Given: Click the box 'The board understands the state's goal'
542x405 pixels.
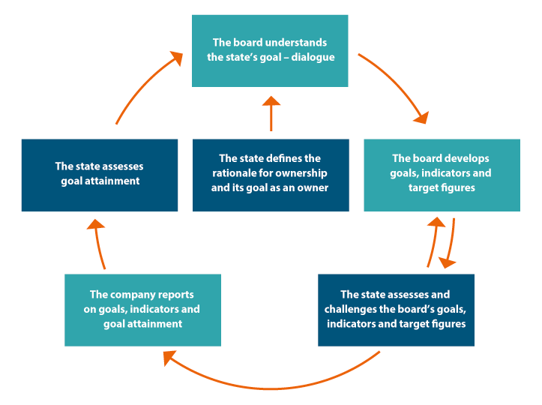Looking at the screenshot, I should click(x=270, y=50).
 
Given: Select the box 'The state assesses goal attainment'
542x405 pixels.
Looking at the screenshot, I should click(x=100, y=175).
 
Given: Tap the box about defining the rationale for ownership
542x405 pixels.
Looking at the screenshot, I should click(x=270, y=175).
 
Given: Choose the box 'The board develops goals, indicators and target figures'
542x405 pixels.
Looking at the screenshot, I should click(x=442, y=175).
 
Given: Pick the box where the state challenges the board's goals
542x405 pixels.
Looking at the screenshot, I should click(x=396, y=310).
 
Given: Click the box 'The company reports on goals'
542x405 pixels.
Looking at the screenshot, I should click(x=142, y=310).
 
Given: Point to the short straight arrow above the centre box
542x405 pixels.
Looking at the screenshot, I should click(x=271, y=114).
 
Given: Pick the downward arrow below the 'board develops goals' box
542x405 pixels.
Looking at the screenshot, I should click(x=451, y=244).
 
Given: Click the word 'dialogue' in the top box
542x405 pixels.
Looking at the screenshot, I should click(x=314, y=57).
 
